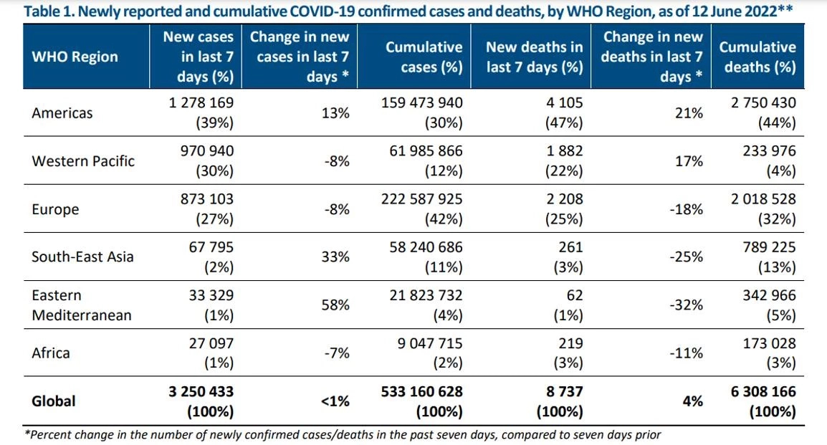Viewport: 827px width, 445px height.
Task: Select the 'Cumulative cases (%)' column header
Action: [x=424, y=57]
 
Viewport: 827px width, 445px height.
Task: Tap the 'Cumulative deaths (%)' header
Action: [x=757, y=57]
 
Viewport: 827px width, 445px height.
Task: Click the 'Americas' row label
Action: [x=62, y=113]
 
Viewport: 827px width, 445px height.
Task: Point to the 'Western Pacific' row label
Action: [x=83, y=161]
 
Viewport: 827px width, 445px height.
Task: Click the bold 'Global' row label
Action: [x=53, y=401]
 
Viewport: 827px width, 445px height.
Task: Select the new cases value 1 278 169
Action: [x=198, y=102]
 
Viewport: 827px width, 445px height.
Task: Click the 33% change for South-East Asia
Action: [x=335, y=257]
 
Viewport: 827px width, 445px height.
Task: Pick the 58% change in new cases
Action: [x=335, y=305]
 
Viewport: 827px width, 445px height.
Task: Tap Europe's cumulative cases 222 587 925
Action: [x=423, y=199]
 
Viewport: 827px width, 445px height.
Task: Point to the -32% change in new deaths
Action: [x=688, y=305]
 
